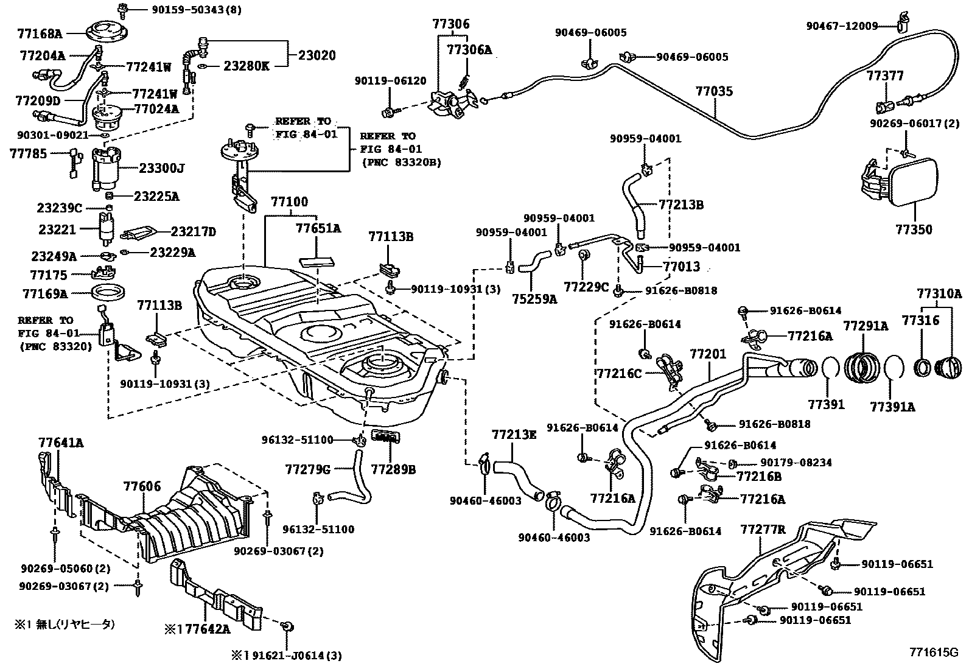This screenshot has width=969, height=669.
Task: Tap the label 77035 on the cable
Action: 714,92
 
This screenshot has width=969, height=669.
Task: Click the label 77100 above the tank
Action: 289,201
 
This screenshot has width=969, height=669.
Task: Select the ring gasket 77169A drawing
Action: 109,292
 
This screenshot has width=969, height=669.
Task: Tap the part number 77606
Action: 142,486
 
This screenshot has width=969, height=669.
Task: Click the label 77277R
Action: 763,530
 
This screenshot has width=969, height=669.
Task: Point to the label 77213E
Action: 514,435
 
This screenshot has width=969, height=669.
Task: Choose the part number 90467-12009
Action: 842,26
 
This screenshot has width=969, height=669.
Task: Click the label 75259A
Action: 534,299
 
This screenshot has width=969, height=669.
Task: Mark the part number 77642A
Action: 203,629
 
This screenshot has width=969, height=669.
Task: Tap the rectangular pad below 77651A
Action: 317,261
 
